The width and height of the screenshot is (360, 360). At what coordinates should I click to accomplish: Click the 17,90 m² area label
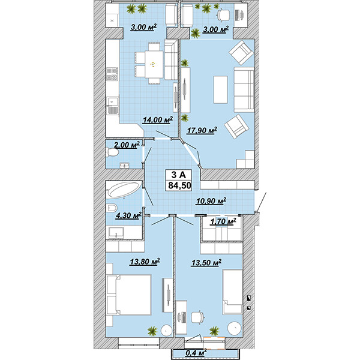202,131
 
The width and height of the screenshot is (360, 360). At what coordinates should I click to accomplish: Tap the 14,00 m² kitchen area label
158,120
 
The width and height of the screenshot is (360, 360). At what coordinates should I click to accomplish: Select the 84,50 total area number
179,185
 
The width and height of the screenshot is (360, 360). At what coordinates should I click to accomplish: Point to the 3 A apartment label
178,175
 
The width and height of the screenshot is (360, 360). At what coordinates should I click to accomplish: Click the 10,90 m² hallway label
211,201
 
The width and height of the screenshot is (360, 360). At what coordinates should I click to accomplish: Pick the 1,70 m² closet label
223,222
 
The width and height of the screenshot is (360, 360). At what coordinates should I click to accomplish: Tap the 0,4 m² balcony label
196,353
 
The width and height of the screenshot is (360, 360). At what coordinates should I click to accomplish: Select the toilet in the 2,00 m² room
112,152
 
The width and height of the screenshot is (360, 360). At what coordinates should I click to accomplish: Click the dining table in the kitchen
154,64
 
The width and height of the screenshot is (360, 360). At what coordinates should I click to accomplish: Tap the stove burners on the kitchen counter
112,74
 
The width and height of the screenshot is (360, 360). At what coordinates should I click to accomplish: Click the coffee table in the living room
220,89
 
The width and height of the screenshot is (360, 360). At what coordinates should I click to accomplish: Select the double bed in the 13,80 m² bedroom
129,295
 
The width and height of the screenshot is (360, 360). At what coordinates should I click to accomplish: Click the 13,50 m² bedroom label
206,263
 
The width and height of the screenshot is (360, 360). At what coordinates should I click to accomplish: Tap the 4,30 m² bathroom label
128,215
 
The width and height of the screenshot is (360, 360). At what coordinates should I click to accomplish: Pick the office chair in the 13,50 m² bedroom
198,317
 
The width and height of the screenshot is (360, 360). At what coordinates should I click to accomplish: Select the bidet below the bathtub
112,208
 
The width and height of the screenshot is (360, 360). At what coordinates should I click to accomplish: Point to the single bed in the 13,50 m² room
233,292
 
